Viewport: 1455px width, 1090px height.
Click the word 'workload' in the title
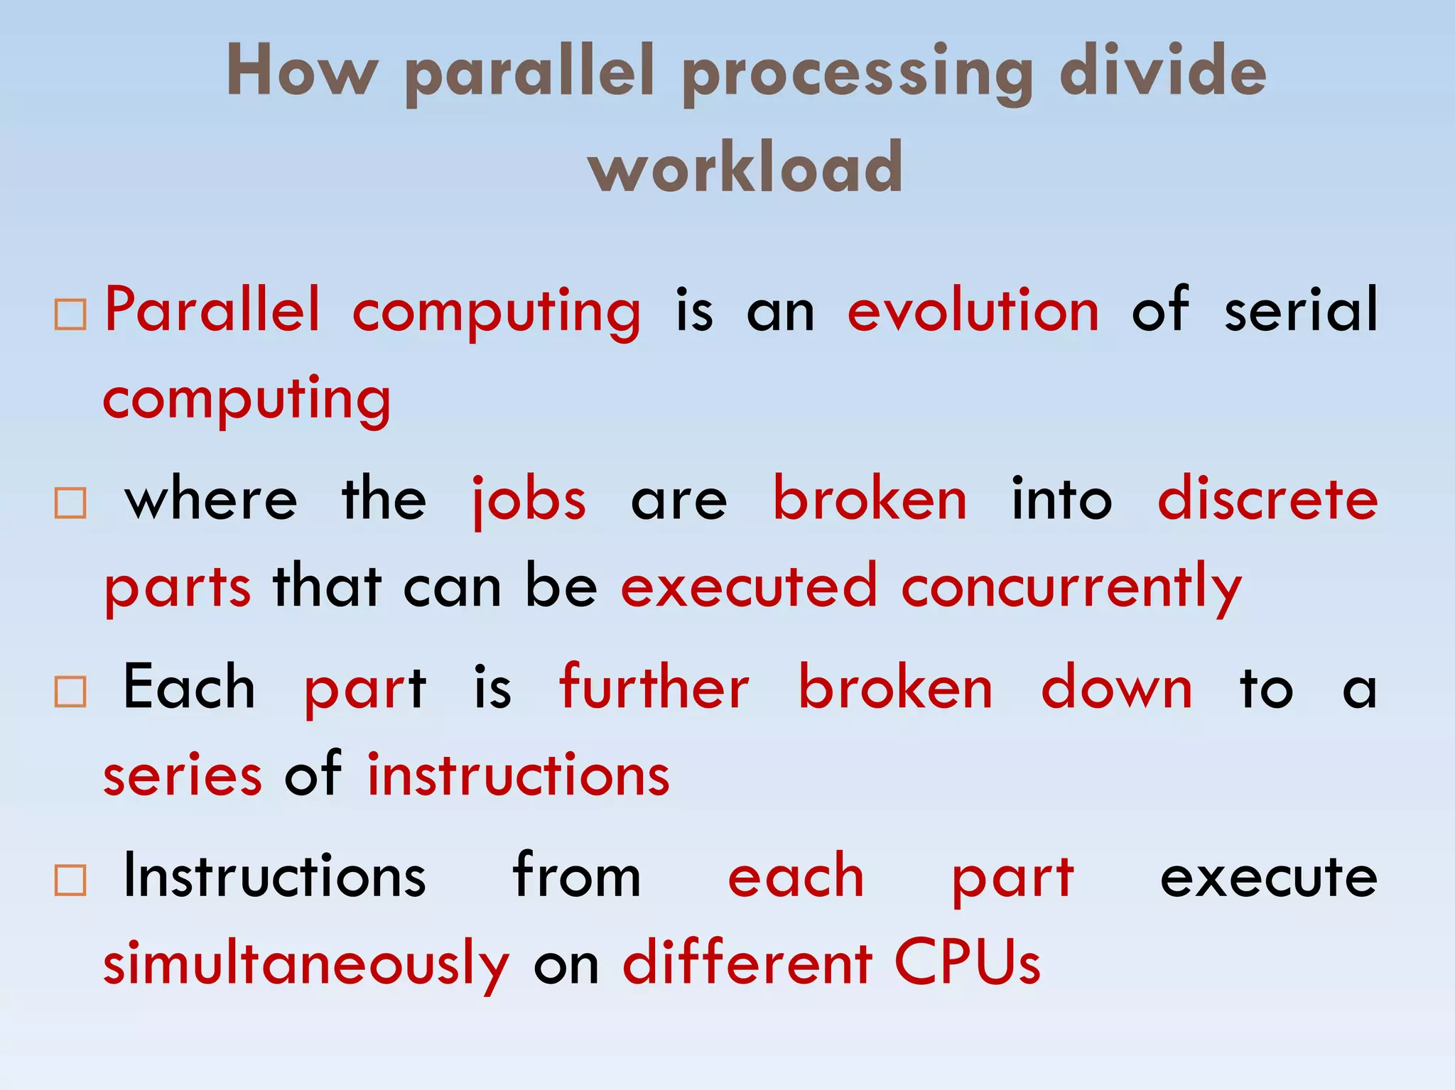pos(745,168)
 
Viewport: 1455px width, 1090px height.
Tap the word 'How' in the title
pos(301,71)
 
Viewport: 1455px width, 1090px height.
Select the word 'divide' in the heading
pos(1162,71)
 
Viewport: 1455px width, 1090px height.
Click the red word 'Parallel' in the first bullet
pos(212,310)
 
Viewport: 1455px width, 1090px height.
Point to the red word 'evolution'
pos(973,310)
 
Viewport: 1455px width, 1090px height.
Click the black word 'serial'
pos(1300,310)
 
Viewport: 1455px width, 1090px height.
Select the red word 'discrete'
pos(1267,499)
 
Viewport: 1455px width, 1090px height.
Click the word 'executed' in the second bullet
pos(749,587)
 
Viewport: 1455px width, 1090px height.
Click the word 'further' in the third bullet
pos(654,687)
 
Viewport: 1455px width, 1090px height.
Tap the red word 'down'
pos(1117,687)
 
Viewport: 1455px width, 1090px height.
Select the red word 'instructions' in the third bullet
pos(519,775)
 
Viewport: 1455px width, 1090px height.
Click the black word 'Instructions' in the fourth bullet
pos(274,877)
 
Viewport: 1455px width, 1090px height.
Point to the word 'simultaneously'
pos(306,965)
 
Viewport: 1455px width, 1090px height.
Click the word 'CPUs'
pos(967,964)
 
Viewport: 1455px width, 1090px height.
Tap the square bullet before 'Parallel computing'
pos(70,315)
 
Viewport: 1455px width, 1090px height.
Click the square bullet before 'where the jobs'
pos(70,503)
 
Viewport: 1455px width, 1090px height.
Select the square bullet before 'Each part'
pos(70,692)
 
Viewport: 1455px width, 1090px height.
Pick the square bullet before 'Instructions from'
pos(70,881)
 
